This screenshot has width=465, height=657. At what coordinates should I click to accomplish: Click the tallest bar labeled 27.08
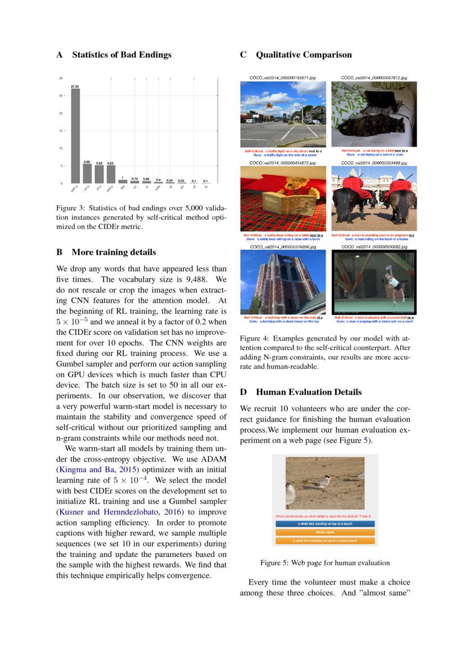coord(75,135)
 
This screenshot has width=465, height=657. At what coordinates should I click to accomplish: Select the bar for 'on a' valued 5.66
coord(87,174)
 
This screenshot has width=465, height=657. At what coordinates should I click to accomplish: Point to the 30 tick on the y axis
coord(61,78)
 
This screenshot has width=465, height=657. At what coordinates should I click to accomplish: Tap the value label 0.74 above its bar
coord(134,178)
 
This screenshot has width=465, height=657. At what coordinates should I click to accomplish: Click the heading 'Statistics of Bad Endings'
coord(121,55)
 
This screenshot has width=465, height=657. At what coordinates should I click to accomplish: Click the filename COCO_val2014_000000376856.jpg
coord(283,246)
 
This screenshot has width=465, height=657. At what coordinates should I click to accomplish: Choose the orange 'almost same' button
coord(325,532)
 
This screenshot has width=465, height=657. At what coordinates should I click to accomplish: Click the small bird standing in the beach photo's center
coord(324,481)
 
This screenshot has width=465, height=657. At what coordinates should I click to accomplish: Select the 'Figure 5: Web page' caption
coord(324,562)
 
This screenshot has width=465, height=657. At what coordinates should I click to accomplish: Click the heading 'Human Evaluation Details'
coord(308,392)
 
